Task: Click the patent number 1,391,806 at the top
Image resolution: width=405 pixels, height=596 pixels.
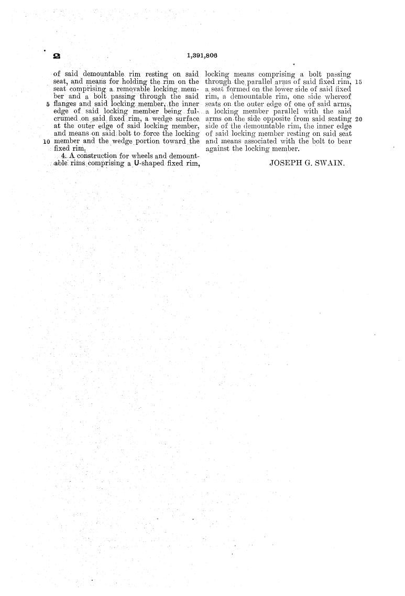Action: coord(201,55)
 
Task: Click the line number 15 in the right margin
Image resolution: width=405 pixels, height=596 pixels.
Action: coord(358,82)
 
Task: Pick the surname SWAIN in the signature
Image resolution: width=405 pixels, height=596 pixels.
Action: coord(330,163)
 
